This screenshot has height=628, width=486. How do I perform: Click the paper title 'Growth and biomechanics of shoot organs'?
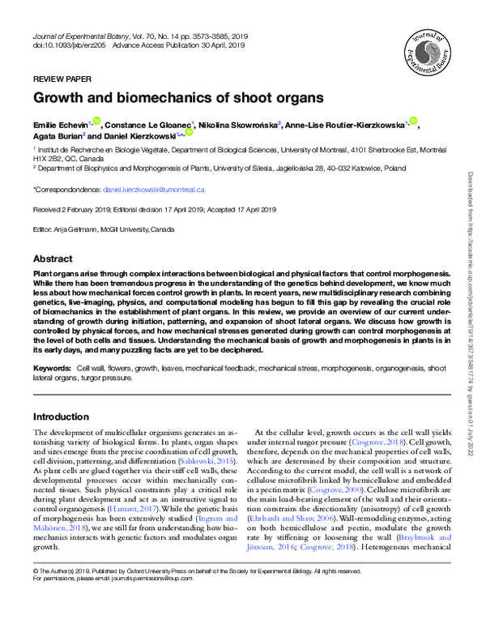pyautogui.click(x=177, y=98)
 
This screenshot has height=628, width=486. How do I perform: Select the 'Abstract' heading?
pyautogui.click(x=53, y=258)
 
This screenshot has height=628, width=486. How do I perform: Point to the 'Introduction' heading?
pyautogui.click(x=61, y=416)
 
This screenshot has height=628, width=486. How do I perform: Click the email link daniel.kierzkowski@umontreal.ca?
pyautogui.click(x=154, y=189)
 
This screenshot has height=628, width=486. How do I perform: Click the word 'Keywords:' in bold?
pyautogui.click(x=51, y=369)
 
